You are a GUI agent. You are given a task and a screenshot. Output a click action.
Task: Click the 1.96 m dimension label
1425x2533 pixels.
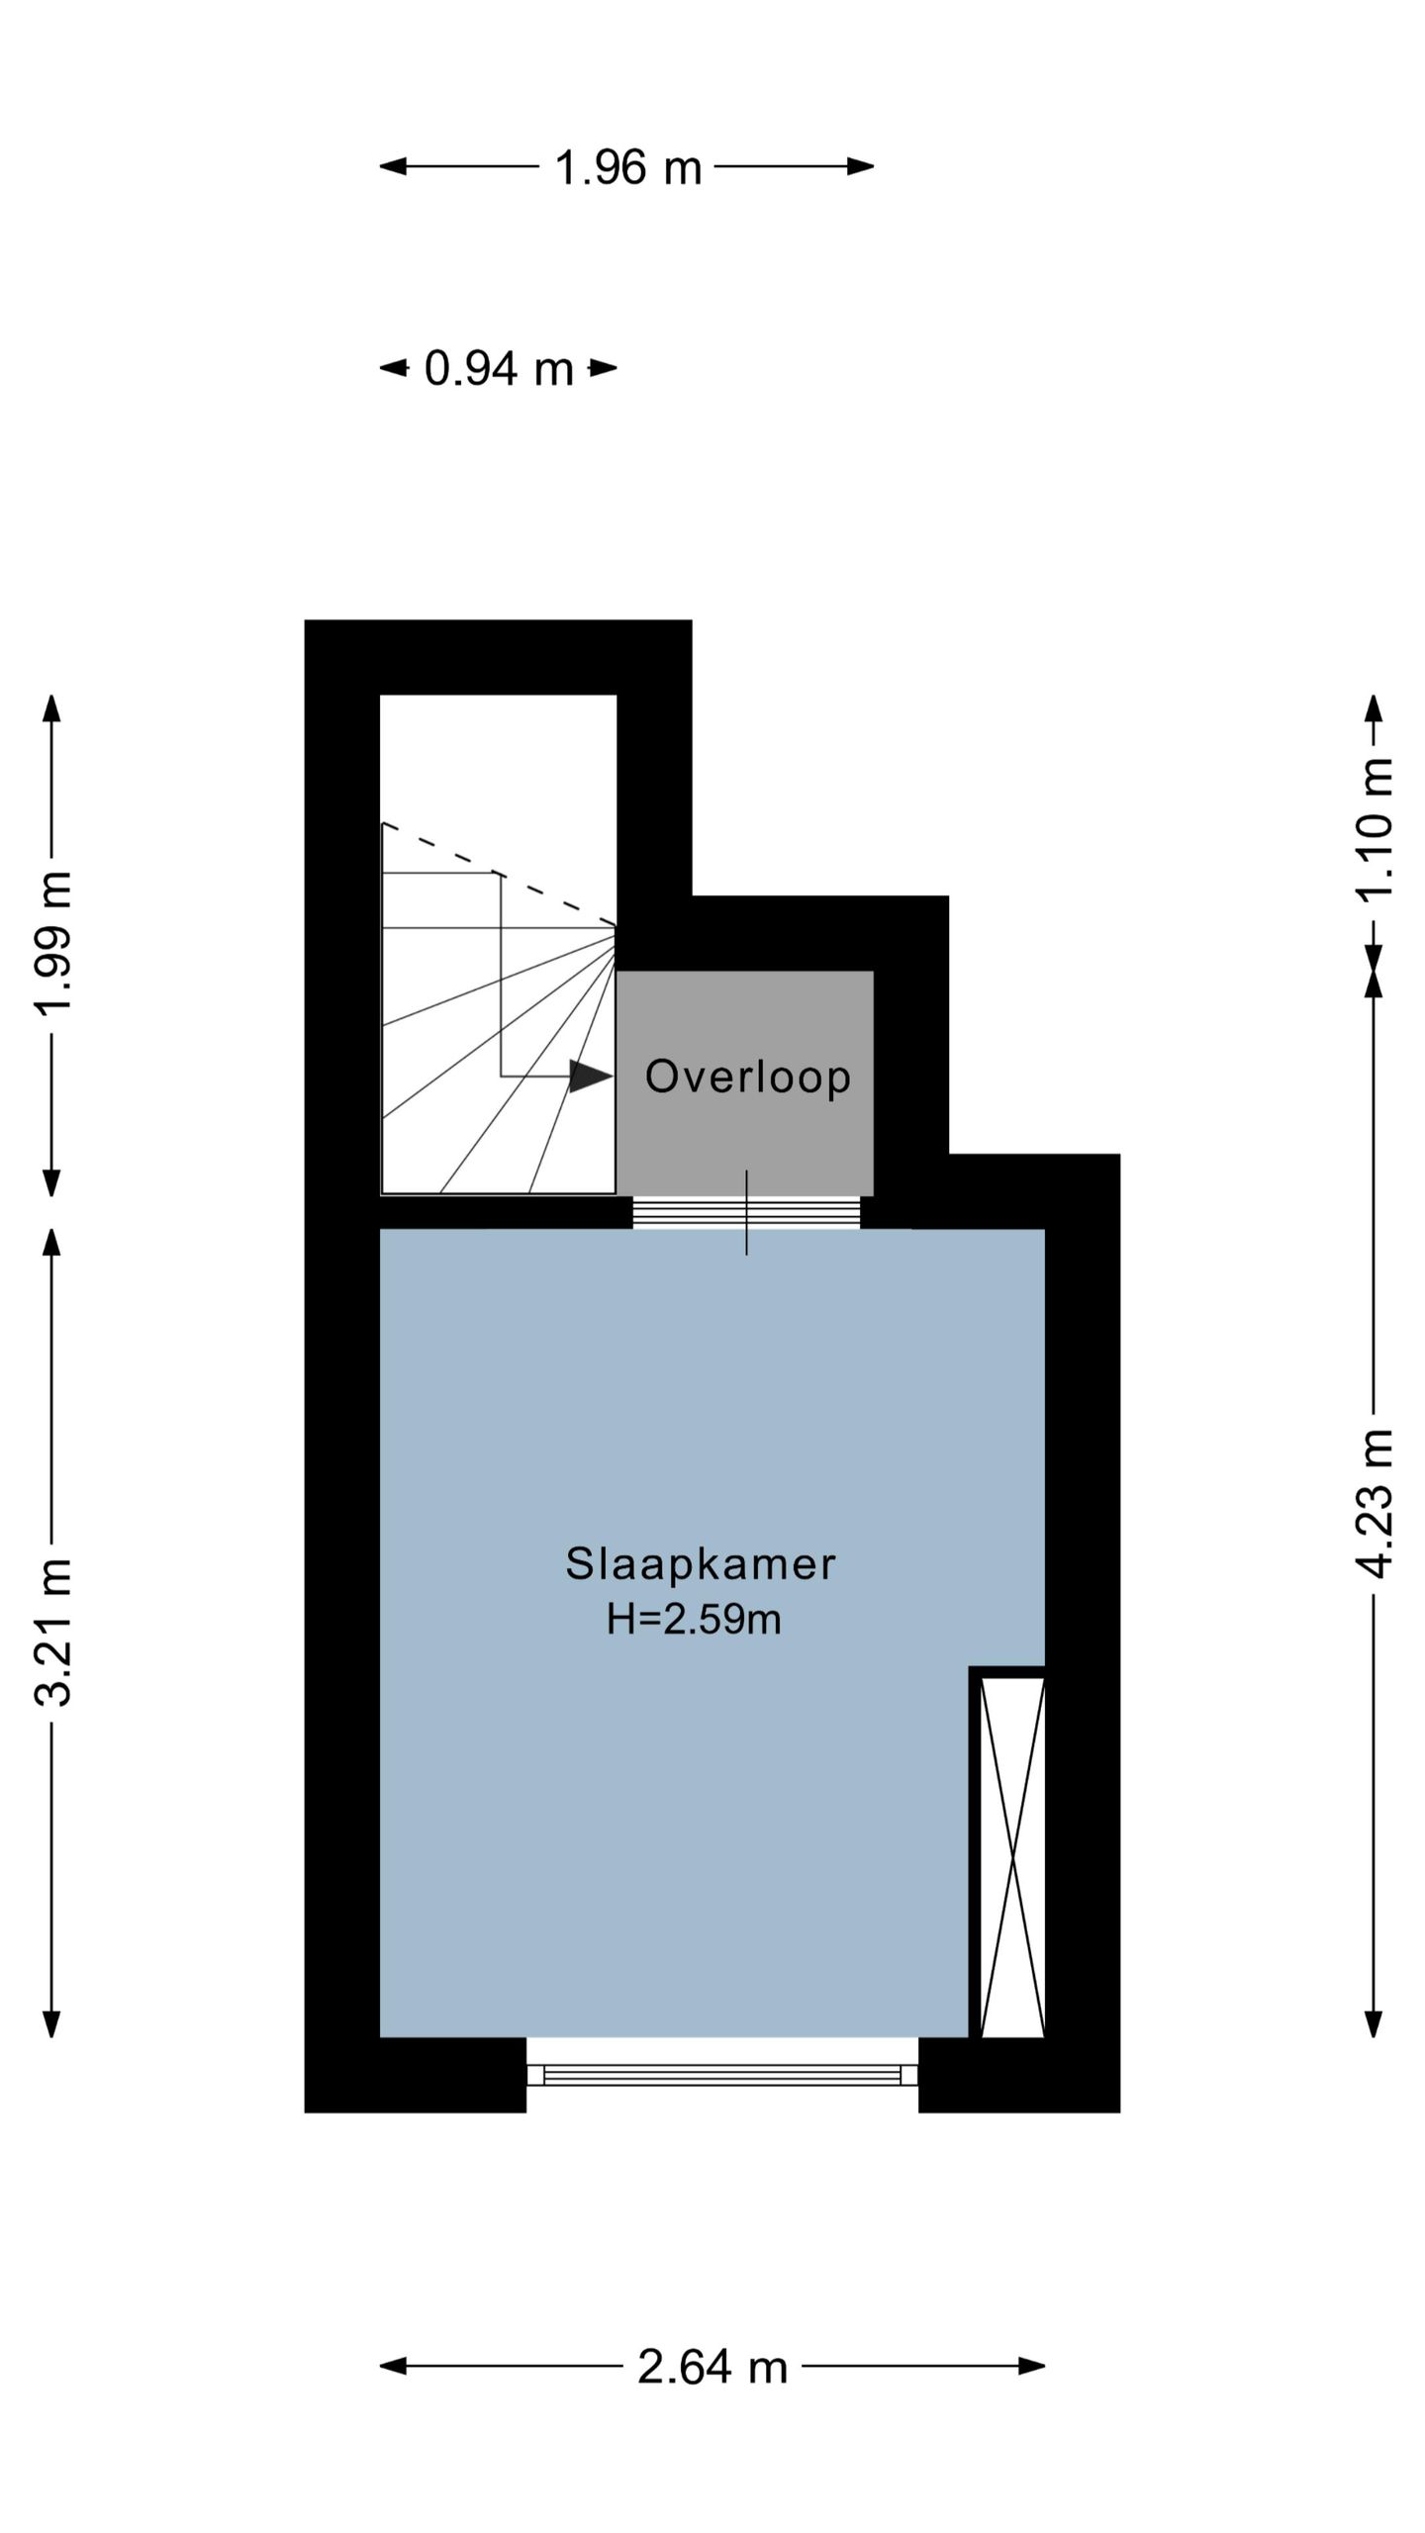coord(628,167)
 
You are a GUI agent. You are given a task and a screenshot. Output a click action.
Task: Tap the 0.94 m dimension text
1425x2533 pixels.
coord(499,369)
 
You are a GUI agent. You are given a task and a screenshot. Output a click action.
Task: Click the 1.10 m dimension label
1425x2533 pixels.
coord(1375,828)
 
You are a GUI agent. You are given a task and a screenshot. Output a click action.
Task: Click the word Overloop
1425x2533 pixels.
coord(748,1077)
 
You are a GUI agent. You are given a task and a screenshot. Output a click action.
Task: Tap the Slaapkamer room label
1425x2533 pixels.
coord(701,1564)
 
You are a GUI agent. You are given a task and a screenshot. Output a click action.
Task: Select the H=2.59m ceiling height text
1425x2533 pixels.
coord(695,1620)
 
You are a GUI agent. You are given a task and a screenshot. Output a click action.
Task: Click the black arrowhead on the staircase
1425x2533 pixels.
coord(591,1076)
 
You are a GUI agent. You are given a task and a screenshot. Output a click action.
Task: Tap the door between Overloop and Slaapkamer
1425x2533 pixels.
coord(746,1212)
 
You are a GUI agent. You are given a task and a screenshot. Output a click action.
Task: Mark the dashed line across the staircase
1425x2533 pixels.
coord(499,875)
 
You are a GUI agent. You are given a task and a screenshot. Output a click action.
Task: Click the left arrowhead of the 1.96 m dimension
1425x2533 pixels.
coord(393,166)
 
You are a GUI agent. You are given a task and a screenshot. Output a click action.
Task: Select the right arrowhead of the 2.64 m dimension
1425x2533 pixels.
coord(1032,2367)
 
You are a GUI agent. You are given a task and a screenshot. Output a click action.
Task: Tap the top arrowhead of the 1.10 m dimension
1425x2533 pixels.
coord(1374,708)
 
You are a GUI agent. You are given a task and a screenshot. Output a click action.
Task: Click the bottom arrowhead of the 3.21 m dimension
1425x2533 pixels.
coord(52,2023)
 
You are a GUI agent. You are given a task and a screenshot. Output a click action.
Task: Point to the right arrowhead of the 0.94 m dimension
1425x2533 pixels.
coord(604,368)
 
